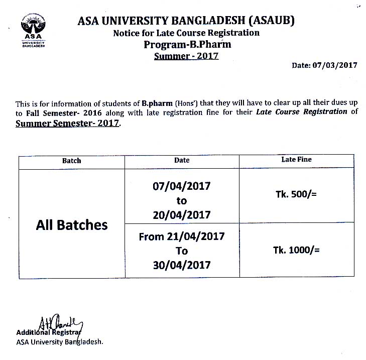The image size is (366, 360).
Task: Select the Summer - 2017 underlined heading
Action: click(186, 56)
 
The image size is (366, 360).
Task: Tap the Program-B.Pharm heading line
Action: click(186, 44)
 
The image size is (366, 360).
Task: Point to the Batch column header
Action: click(71, 161)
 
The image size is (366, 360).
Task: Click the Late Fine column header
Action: click(296, 159)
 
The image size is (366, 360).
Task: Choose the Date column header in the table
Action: click(182, 160)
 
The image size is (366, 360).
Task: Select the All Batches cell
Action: click(72, 224)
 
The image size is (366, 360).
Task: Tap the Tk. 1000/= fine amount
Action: click(296, 250)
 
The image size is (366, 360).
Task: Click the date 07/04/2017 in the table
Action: click(182, 186)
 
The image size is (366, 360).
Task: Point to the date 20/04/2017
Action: click(182, 215)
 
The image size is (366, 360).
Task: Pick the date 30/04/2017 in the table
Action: click(182, 265)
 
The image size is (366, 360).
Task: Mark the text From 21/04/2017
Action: click(182, 236)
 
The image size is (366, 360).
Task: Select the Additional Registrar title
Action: click(49, 332)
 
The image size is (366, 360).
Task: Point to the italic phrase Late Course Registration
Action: click(301, 111)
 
